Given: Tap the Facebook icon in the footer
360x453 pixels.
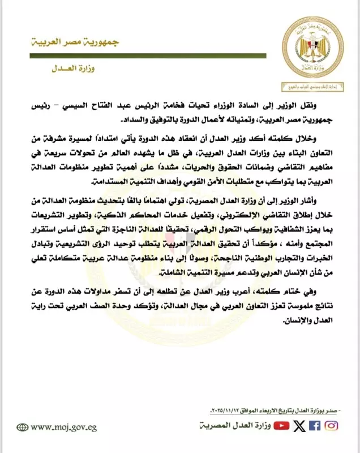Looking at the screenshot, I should (314, 426).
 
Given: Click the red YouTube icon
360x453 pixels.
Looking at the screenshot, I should (281, 426).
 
